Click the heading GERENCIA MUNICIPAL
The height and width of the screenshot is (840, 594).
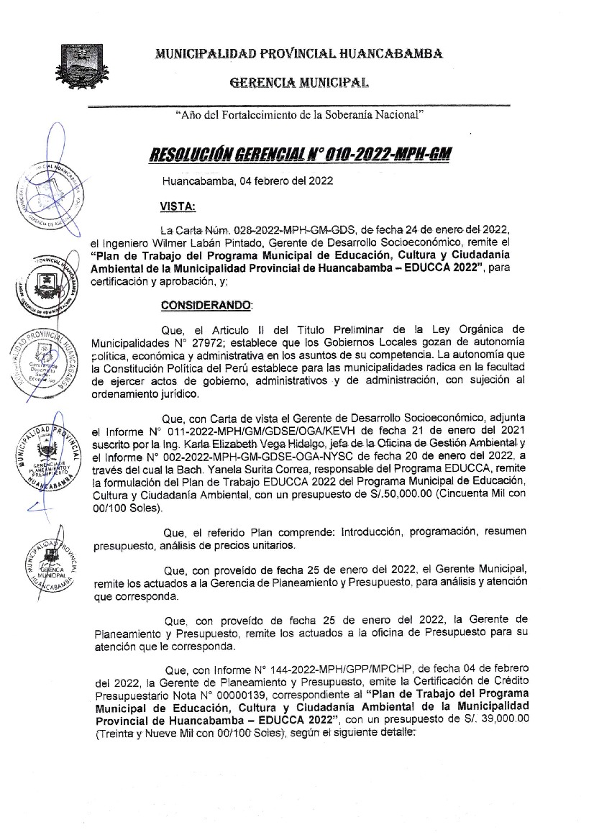(298, 83)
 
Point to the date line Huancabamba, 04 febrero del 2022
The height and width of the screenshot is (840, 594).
(247, 182)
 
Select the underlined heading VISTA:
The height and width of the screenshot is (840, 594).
(177, 206)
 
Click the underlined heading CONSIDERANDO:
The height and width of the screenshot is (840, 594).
(206, 305)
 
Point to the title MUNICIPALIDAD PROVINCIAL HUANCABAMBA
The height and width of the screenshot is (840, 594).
(298, 53)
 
